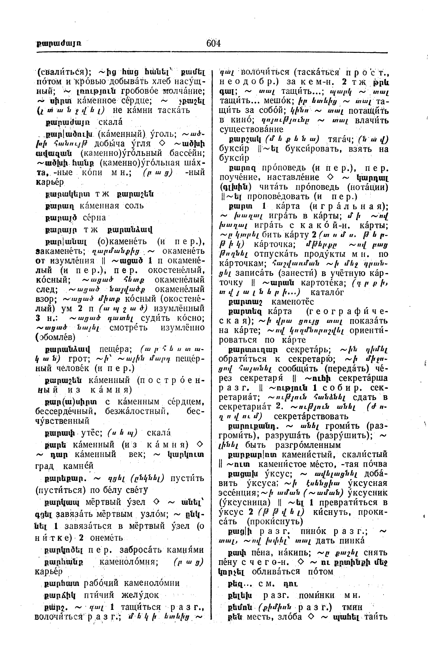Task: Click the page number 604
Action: pyautogui.click(x=213, y=43)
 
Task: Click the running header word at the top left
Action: pyautogui.click(x=58, y=43)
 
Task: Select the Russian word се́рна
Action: pyautogui.click(x=94, y=218)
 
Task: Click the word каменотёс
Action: pyautogui.click(x=292, y=302)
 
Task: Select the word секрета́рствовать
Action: pyautogui.click(x=311, y=416)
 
